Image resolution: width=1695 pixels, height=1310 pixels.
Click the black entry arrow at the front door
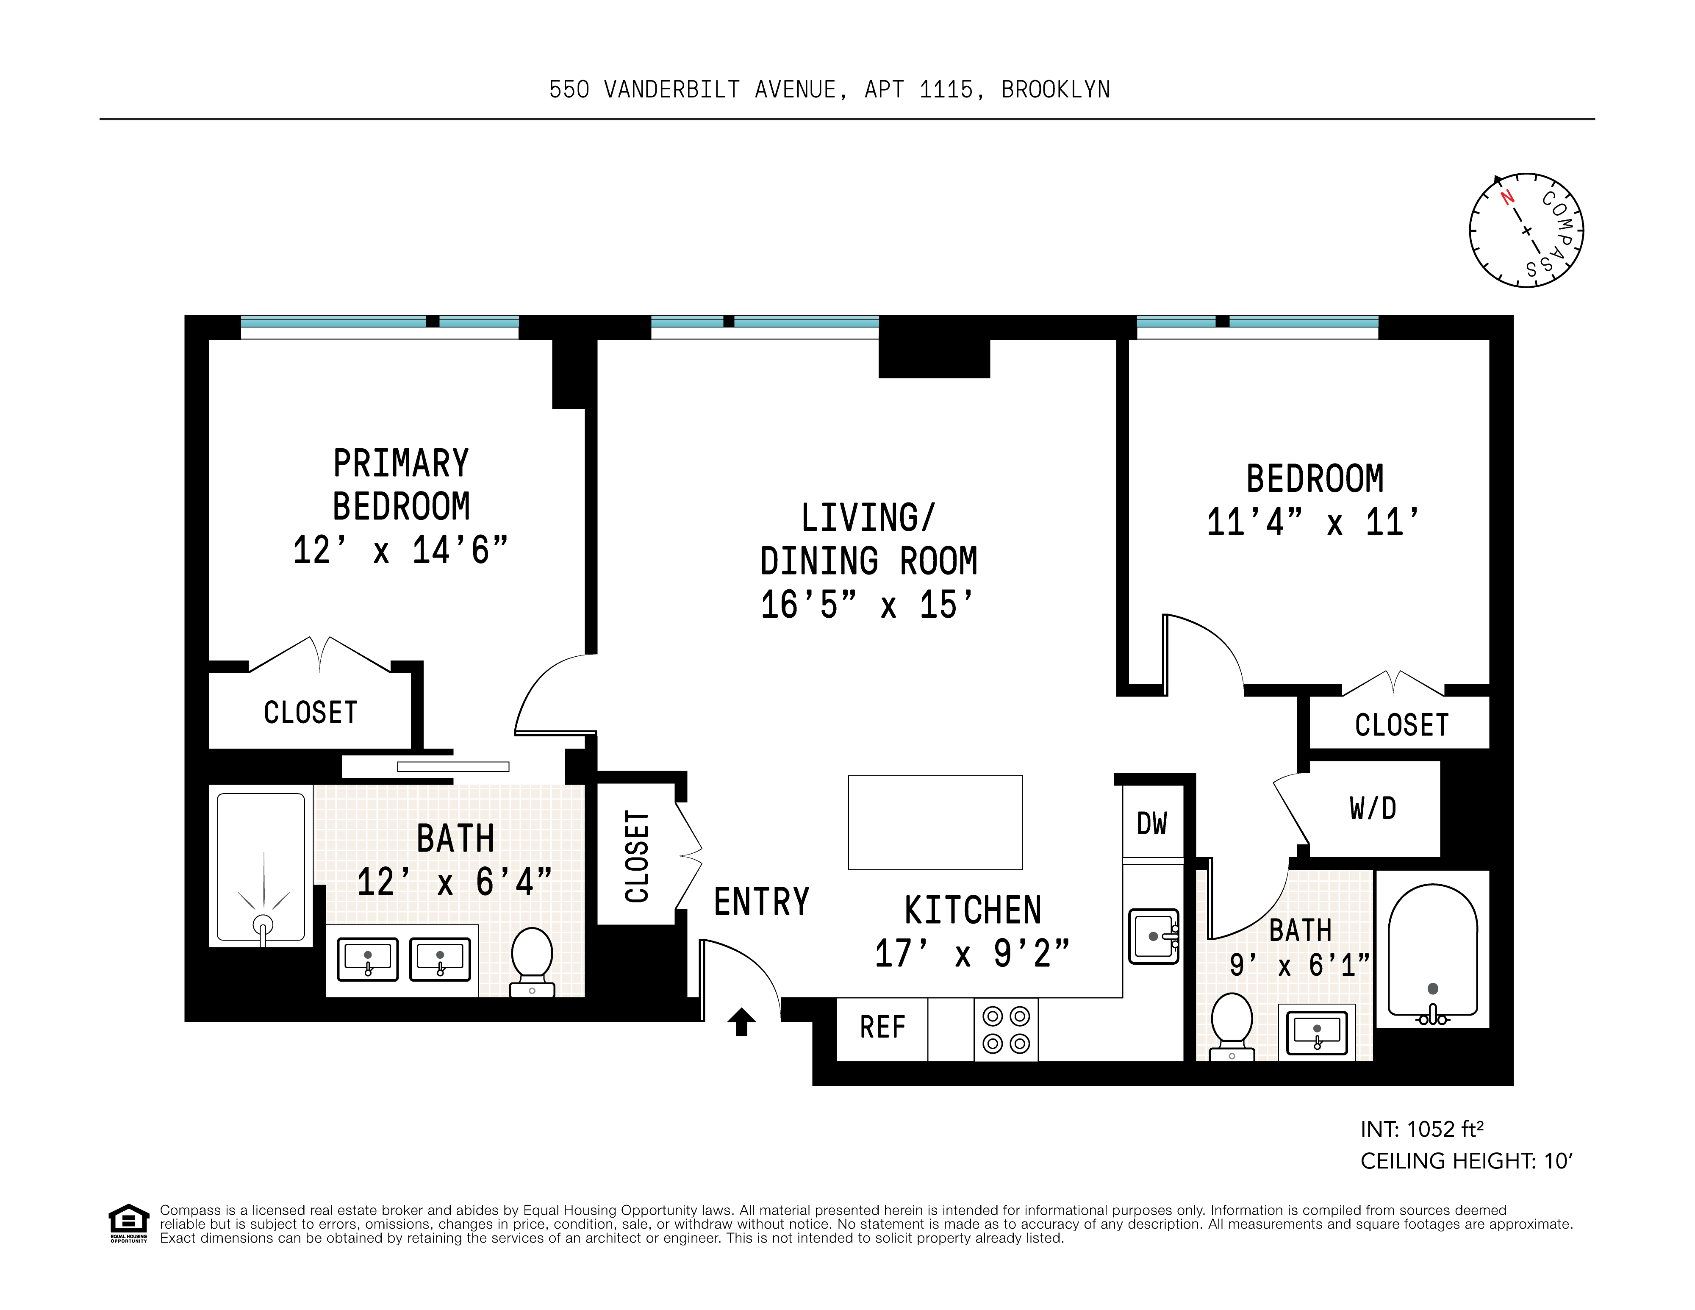(x=741, y=1021)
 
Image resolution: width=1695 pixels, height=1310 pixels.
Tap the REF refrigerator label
(x=882, y=1027)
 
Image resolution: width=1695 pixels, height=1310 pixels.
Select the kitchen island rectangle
(x=935, y=823)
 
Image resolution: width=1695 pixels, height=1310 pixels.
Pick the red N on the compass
(x=1508, y=197)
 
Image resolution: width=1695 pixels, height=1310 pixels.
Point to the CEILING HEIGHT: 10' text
(x=1466, y=1161)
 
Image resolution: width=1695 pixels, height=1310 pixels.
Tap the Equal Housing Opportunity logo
(x=128, y=1224)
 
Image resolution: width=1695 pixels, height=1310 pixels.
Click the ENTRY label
(x=761, y=902)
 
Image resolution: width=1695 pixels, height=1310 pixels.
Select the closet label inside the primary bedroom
(x=311, y=713)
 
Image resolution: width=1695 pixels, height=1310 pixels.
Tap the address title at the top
(x=829, y=90)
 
